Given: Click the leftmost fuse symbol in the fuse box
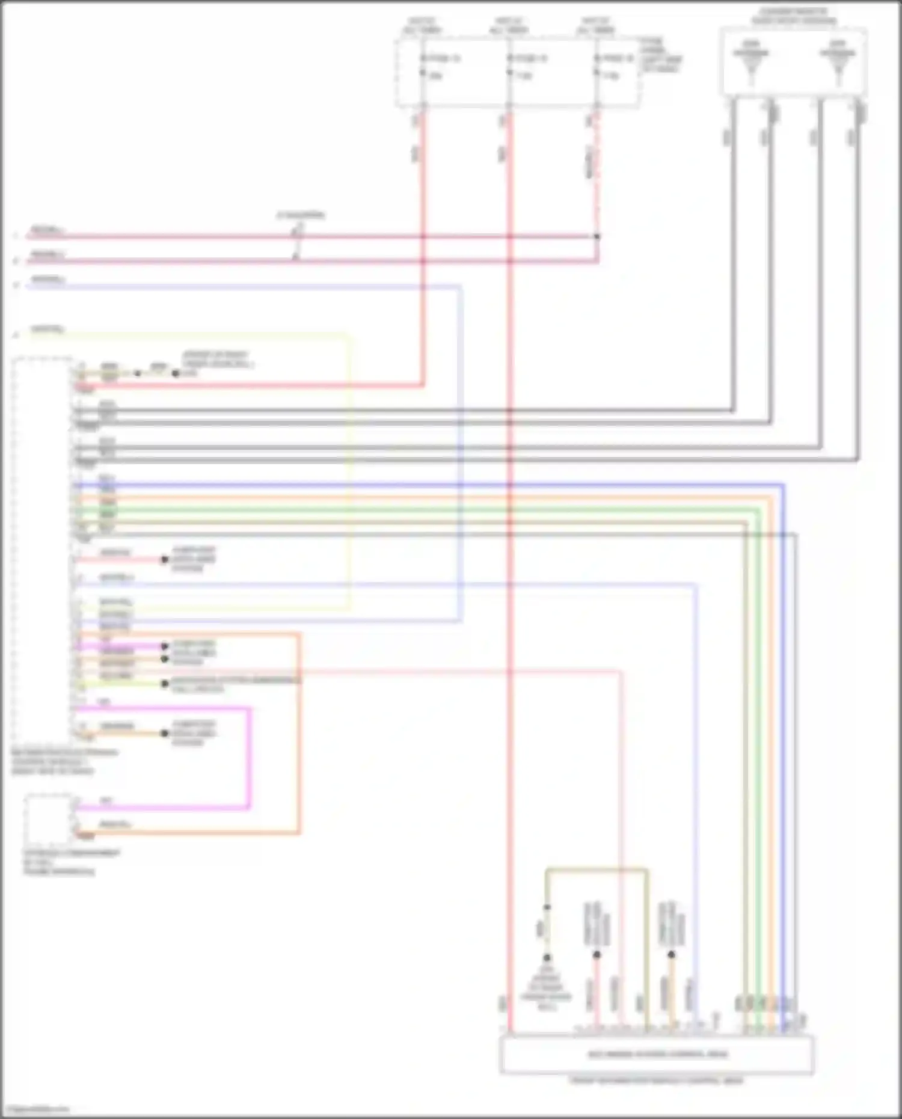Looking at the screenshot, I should coord(423,66).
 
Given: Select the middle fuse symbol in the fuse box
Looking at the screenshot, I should coord(510,66).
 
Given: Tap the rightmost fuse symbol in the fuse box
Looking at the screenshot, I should coord(597,66).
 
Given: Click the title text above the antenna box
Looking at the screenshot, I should coord(793,16).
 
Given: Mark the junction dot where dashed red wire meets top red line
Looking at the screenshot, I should coord(597,237).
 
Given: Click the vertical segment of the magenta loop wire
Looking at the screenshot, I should coord(249,758).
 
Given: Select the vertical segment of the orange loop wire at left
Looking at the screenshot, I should coord(299,734).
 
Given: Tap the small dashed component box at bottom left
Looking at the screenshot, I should coord(48,819).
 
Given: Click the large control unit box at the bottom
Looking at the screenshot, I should coord(657,1054).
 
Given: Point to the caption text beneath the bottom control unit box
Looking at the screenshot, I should coord(657,1081).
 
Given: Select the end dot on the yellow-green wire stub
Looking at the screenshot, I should coord(165,684).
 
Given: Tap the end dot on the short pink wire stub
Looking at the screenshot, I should coord(165,560).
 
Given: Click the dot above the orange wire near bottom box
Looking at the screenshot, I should coord(671,955).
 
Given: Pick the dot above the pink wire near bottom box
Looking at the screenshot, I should coord(597,955).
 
